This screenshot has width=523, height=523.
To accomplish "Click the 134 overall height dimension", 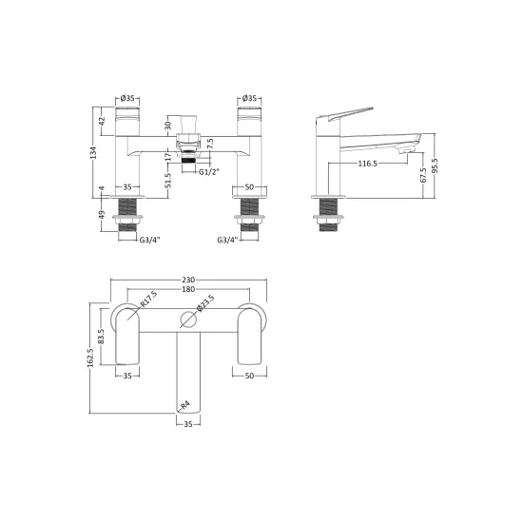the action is [94, 152].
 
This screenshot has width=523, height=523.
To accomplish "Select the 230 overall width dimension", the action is [188, 280].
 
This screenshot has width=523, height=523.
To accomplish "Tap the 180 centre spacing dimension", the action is [188, 289].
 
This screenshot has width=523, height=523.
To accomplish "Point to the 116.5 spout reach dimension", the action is [367, 164].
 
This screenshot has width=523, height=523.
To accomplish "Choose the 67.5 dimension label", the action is [423, 176].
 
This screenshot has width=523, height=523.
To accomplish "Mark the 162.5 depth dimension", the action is [90, 357].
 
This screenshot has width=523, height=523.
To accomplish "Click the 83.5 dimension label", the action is [102, 337].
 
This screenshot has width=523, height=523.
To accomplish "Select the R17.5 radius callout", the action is [148, 299].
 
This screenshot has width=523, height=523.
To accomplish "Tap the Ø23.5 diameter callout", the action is [205, 303].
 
